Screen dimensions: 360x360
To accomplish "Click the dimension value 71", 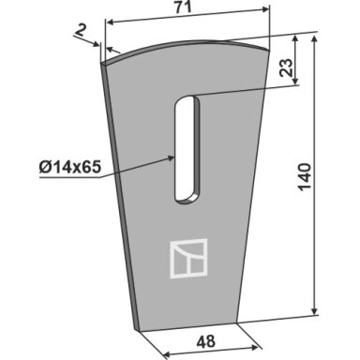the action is (183, 7).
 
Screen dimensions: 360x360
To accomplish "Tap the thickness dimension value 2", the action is (81, 31).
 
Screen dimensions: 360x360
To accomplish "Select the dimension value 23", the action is (287, 67).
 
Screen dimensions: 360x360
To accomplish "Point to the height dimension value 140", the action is (305, 176).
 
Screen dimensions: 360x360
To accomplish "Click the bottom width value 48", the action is (206, 341).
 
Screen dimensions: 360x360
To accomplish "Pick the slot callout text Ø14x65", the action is (70, 168).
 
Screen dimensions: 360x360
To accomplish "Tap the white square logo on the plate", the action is (188, 259).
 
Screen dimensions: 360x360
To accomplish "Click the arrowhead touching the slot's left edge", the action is (171, 158).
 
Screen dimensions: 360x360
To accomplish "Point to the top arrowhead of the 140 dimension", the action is (315, 39).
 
